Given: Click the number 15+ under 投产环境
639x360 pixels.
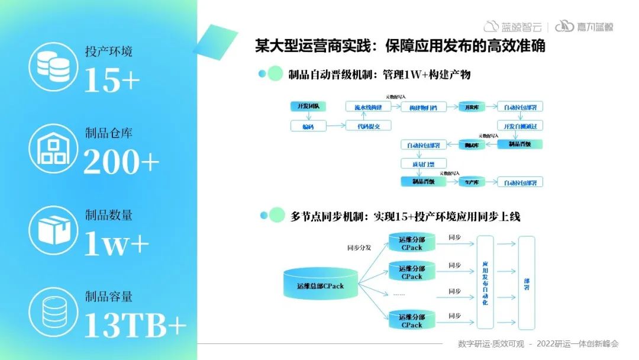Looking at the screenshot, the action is click(112, 80).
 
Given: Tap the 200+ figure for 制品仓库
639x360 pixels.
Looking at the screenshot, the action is click(121, 162).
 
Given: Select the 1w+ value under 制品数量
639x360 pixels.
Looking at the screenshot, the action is click(116, 242).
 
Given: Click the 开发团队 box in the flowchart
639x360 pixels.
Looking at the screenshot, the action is click(308, 107).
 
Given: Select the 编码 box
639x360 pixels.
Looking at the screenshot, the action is click(308, 126).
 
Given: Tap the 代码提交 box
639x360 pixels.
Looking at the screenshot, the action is click(368, 126).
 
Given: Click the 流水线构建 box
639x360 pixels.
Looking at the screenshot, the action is click(368, 107).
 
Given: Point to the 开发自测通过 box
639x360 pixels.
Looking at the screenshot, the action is click(519, 126).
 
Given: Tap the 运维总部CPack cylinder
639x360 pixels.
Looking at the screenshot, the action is click(320, 285).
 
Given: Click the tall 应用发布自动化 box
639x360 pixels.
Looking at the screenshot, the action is click(485, 282).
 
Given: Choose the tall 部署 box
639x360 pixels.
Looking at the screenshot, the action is click(527, 282).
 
